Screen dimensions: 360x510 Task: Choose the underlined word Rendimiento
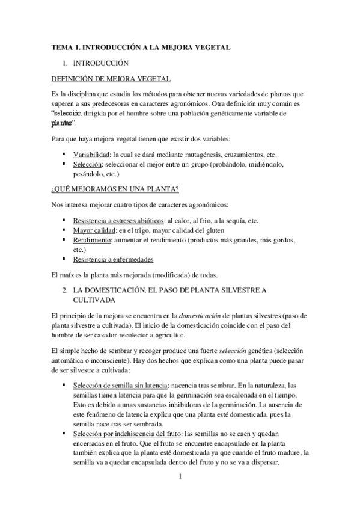point(94,240)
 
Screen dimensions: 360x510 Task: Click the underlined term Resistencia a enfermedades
point(113,259)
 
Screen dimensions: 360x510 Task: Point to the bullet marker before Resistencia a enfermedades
point(64,259)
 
